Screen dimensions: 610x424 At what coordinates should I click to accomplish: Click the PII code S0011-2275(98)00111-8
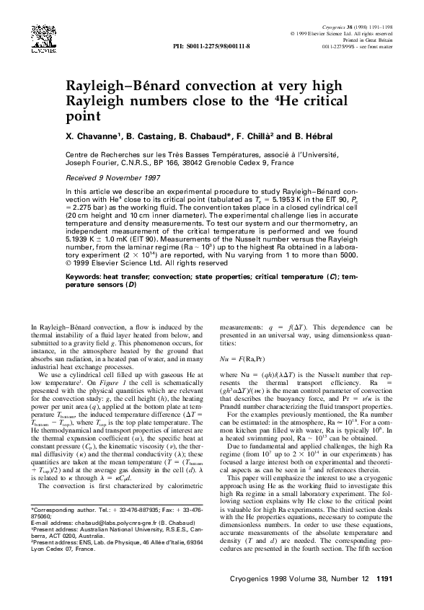pyautogui.click(x=211, y=45)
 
